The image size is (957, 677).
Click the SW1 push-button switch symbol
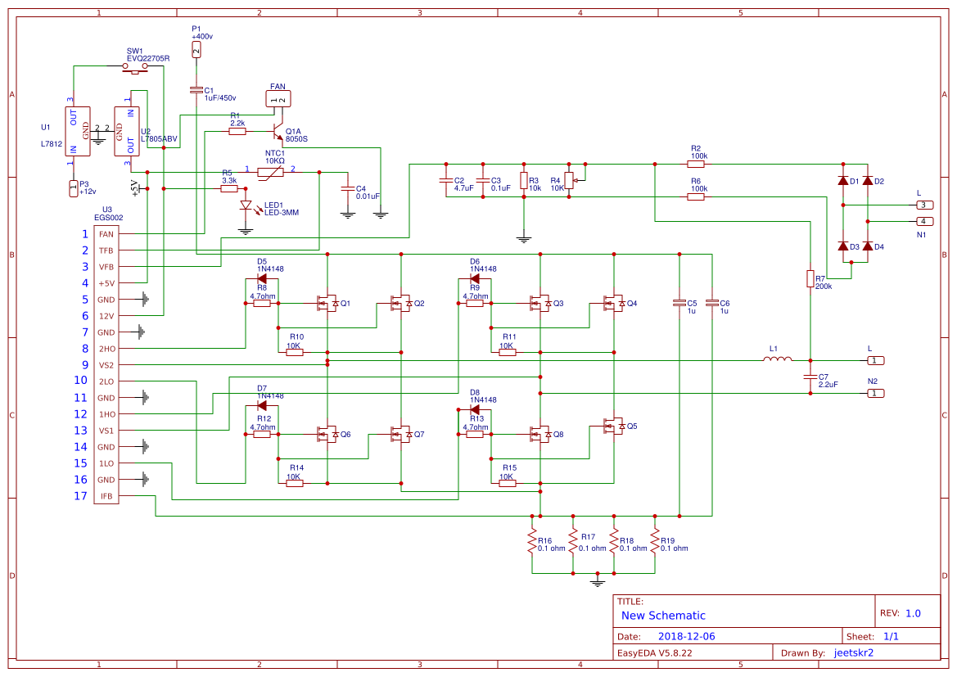135,68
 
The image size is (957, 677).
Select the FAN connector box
278,99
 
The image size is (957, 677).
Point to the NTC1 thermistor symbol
270,173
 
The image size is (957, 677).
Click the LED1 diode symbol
246,205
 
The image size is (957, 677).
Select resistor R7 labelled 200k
810,279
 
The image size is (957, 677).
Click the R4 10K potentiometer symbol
570,180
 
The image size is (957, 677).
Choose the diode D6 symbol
475,279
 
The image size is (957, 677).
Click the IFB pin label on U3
106,496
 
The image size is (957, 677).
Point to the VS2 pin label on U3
106,365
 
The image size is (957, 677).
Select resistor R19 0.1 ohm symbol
655,540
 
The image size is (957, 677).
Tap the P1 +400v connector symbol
196,49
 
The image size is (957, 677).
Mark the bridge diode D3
843,246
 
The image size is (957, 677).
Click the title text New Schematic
663,616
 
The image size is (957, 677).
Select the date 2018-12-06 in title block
686,636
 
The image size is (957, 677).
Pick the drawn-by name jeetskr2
853,652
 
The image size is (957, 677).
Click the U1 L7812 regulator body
78,131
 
